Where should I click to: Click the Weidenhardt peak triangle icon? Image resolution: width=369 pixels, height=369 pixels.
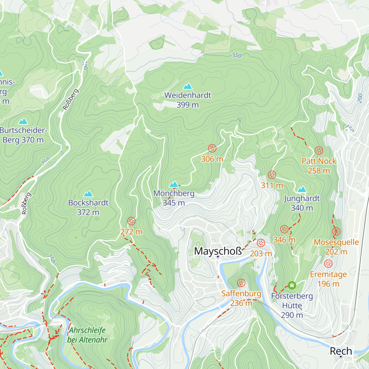click(188, 86)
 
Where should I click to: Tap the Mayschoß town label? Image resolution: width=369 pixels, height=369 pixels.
click(218, 251)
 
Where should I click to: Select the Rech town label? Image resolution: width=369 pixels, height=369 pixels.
click(341, 351)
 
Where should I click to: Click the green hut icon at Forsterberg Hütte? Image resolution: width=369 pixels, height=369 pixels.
click(292, 285)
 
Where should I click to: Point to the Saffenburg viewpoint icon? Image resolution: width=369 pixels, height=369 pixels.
click(241, 283)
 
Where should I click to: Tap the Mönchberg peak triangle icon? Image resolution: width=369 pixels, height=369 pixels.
click(174, 184)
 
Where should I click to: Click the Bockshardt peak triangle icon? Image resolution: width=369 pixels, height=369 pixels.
click(88, 194)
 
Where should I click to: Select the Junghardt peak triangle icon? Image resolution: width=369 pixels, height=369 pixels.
click(302, 189)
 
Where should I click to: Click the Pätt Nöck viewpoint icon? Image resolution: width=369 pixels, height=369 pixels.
click(319, 151)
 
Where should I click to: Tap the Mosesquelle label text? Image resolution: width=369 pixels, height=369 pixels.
click(336, 242)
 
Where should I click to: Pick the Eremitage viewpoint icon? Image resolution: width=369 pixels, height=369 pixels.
click(328, 264)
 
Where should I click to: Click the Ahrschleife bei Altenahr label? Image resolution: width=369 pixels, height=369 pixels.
click(87, 335)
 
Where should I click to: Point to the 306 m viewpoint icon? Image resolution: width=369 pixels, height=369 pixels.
click(212, 148)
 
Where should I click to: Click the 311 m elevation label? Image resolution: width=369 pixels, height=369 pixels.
click(272, 185)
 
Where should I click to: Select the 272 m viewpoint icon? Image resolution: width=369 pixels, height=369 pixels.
click(131, 221)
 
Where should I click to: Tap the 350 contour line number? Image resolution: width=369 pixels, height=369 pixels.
click(236, 55)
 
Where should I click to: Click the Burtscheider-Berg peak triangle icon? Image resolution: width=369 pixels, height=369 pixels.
click(23, 121)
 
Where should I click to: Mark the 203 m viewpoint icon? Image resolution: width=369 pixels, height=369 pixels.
click(261, 243)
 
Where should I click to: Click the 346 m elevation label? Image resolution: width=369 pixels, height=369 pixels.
click(284, 240)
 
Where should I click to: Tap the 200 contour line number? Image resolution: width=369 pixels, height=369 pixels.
click(360, 98)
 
